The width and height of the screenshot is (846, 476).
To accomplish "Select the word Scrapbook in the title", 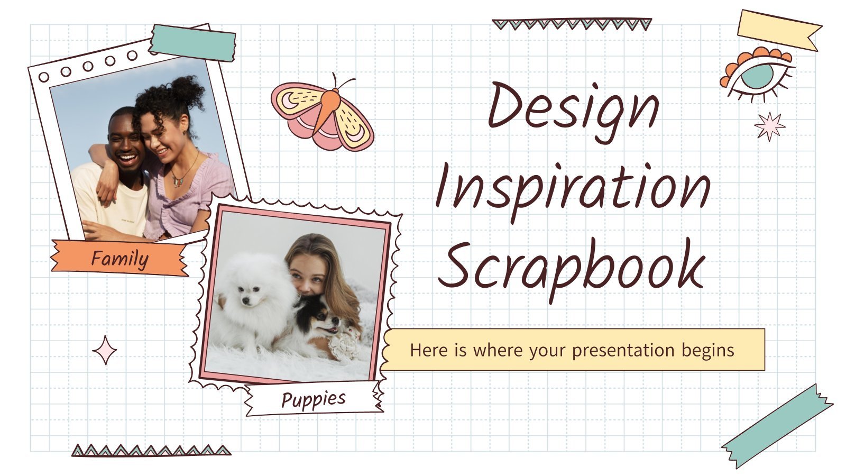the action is (572, 269).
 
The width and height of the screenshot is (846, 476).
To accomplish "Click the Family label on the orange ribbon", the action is (119, 259).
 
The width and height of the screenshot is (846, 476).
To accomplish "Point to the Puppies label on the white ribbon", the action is (314, 399).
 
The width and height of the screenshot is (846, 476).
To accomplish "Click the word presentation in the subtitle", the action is (623, 351).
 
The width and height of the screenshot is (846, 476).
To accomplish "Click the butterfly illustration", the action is (322, 113).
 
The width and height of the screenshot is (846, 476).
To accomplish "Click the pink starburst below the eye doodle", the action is (770, 126).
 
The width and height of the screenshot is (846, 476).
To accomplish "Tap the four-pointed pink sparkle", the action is (105, 350).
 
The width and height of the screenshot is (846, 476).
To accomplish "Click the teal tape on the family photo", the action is (192, 43).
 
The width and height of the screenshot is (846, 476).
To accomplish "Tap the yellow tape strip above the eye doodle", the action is (779, 30).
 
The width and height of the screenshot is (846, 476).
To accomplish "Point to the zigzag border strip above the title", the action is (572, 24).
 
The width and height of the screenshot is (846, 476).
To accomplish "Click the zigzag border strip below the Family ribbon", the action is (151, 450).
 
